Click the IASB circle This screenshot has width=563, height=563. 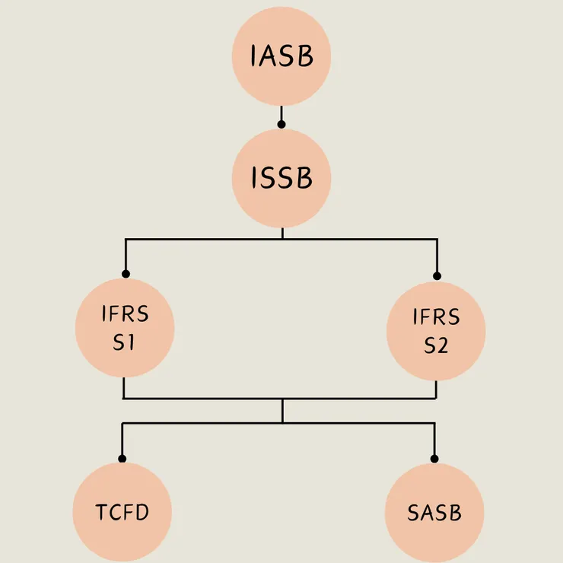pos(281,56)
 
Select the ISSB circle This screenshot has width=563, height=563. pos(281,178)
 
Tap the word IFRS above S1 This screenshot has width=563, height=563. pos(125,314)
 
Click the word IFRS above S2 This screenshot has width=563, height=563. pos(436,316)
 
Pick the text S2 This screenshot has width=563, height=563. pos(436,345)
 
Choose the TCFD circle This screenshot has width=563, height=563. pos(122,511)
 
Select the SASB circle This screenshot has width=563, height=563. pos(434,511)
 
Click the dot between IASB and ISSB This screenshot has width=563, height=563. pos(281,123)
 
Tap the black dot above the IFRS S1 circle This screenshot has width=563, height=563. pos(126,274)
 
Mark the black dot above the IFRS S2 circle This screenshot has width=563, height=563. pos(437,275)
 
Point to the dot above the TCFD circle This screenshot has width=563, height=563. pos(122,458)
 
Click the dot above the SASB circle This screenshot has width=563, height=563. pos(434,458)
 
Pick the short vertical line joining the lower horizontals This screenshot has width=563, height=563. pos(282,411)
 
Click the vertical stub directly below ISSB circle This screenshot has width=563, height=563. pos(282,233)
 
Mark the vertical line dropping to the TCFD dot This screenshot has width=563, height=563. pos(122,440)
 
